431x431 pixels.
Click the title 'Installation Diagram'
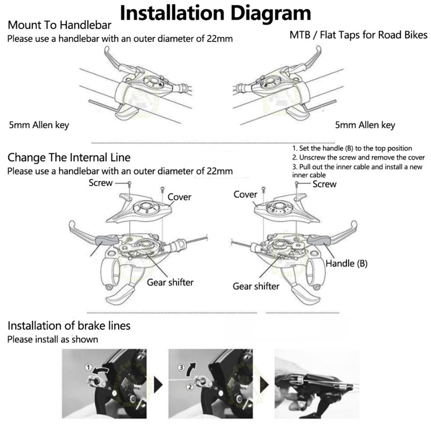215,12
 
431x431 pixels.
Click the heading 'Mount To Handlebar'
59,25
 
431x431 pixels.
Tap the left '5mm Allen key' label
39,125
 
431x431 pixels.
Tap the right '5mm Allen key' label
365,125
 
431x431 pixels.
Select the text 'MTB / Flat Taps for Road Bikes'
358,35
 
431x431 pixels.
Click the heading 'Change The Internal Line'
69,157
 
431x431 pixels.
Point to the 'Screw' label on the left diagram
101,183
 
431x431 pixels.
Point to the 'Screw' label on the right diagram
324,184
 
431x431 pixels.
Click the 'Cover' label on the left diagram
179,197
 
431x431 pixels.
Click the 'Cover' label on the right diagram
245,194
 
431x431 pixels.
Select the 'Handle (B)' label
346,263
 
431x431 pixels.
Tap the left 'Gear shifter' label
170,282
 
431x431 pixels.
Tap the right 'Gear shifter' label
256,286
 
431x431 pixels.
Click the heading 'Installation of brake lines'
69,325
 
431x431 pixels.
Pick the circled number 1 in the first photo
88,367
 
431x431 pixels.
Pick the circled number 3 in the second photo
181,367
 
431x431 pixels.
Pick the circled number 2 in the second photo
190,387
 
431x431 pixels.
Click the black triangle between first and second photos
158,385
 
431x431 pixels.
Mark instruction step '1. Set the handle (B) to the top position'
352,149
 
